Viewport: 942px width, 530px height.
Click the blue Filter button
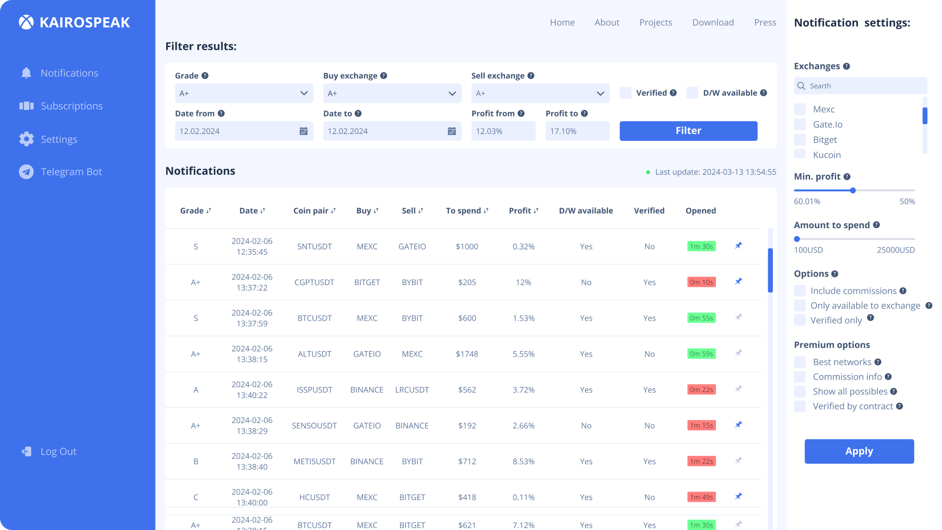click(x=688, y=131)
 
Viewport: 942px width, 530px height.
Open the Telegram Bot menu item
click(x=71, y=172)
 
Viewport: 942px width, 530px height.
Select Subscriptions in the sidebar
click(x=72, y=106)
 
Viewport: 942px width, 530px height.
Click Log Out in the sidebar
click(x=58, y=451)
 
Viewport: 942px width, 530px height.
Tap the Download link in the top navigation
click(x=713, y=22)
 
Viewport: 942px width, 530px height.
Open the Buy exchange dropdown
click(x=392, y=93)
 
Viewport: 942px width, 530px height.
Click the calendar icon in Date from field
click(x=304, y=131)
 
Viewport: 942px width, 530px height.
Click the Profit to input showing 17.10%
click(x=577, y=131)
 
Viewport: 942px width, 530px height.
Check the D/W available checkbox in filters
click(x=692, y=93)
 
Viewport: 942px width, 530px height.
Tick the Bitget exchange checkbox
click(x=800, y=140)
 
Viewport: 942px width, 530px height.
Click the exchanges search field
click(x=861, y=86)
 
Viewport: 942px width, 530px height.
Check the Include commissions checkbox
click(x=800, y=291)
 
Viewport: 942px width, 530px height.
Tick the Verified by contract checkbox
click(x=800, y=406)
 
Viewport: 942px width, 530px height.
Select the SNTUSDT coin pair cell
click(x=314, y=247)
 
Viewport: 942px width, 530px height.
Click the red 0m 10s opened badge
click(x=701, y=282)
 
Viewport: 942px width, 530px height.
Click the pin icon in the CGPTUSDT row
click(x=739, y=281)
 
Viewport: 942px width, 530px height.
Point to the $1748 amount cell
click(x=467, y=354)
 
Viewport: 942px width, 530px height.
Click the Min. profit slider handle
click(x=853, y=191)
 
